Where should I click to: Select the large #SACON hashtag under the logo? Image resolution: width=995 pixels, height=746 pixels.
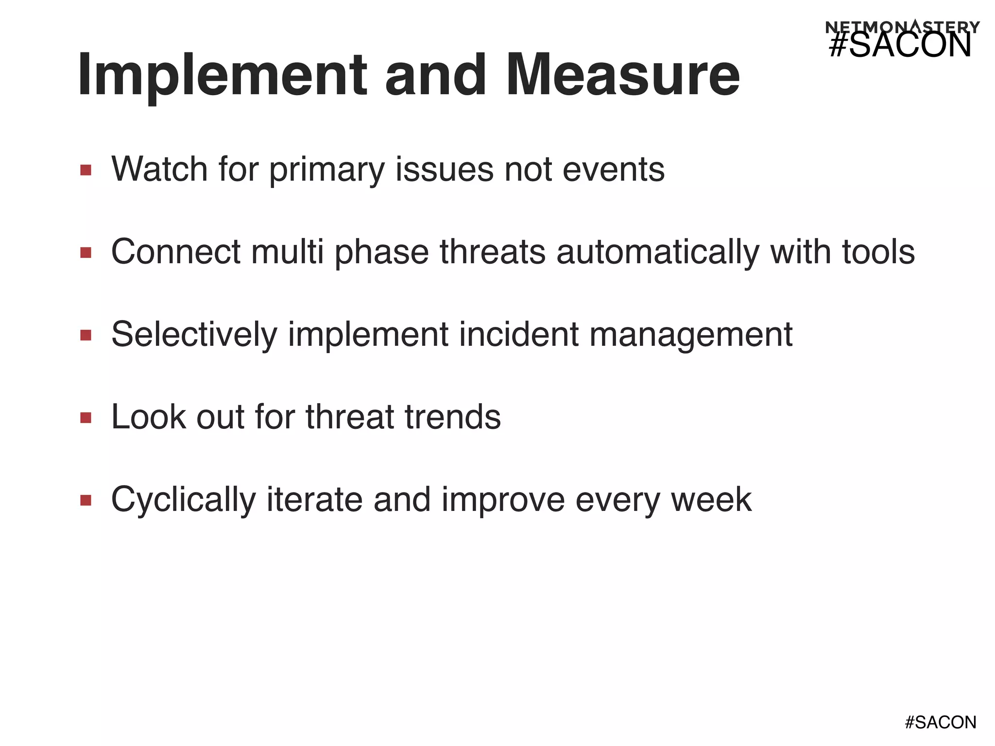tap(900, 47)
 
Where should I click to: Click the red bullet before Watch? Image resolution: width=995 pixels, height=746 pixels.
tap(86, 170)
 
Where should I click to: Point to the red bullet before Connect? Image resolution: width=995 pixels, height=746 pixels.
tap(86, 253)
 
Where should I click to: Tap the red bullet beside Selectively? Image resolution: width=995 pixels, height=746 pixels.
tap(86, 335)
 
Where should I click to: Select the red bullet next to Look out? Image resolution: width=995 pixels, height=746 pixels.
tap(86, 418)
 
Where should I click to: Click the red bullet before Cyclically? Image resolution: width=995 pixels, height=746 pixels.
tap(86, 500)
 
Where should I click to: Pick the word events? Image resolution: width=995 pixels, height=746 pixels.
tap(613, 170)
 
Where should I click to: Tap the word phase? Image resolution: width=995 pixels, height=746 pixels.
tap(381, 253)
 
